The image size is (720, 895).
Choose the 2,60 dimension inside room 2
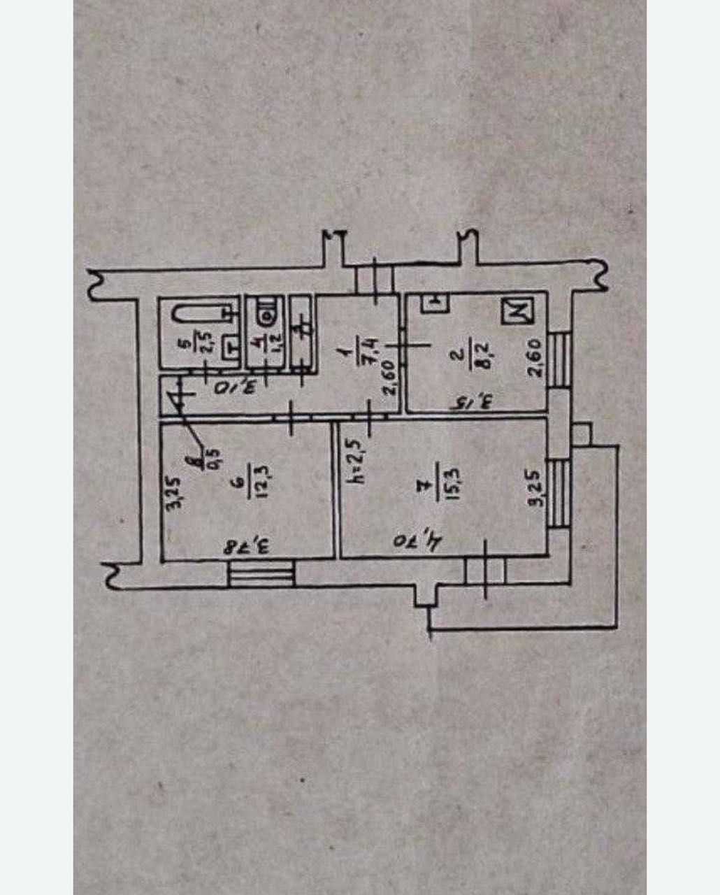(535, 357)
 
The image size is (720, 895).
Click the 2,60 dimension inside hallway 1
(390, 378)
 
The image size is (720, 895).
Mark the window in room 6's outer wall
(260, 575)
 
